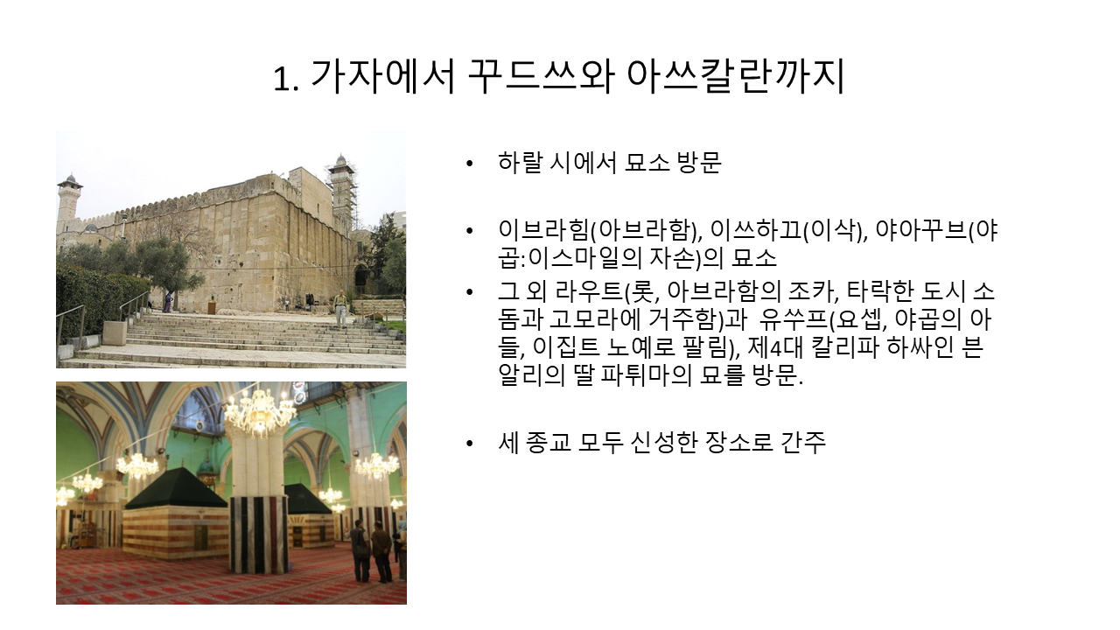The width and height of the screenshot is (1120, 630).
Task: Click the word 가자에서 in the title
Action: pos(383,77)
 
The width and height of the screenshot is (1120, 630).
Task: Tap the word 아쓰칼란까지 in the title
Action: pos(735,77)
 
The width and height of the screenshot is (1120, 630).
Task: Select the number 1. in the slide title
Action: pos(286,79)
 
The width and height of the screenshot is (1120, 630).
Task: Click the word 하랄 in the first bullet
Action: pos(520,163)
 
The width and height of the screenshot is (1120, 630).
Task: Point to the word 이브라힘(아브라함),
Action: pos(600,230)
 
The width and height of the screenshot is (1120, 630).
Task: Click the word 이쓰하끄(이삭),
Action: pos(788,230)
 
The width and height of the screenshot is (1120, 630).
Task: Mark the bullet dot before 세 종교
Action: pos(469,444)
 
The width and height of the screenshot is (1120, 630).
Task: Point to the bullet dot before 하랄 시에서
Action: pos(469,164)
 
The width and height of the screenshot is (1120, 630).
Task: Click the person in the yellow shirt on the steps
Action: pos(340,308)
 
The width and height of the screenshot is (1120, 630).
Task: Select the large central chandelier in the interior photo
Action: pos(260,410)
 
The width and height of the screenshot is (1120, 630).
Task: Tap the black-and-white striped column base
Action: pos(258,534)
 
